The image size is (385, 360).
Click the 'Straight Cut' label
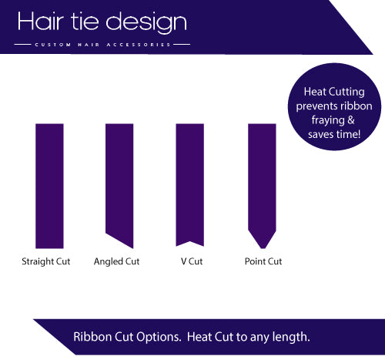46,262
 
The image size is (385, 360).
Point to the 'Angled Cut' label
116,262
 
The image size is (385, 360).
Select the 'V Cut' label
192,262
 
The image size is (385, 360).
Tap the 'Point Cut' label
263,262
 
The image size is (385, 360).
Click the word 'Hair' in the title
45,22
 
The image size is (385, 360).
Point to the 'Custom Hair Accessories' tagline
102,45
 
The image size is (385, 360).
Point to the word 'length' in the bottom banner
291,338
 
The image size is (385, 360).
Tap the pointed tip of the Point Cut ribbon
261,247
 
